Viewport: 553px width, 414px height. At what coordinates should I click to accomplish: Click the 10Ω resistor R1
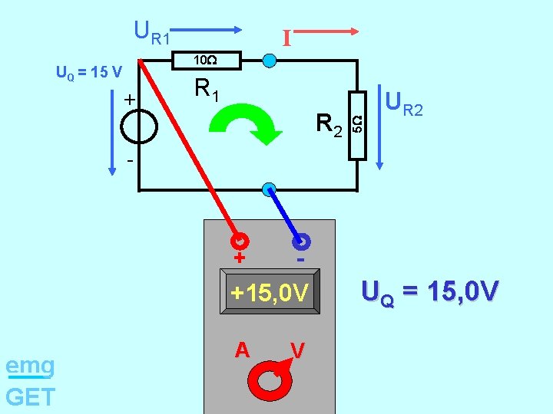pyautogui.click(x=205, y=61)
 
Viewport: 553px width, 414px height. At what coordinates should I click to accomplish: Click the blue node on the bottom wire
pyautogui.click(x=268, y=189)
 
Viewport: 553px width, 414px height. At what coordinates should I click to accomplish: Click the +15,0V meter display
pyautogui.click(x=270, y=293)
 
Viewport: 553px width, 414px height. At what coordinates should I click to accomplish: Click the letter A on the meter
pyautogui.click(x=243, y=350)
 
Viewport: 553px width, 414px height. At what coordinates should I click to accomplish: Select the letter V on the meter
pyautogui.click(x=298, y=350)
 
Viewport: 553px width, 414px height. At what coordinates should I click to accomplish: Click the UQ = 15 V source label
pyautogui.click(x=89, y=73)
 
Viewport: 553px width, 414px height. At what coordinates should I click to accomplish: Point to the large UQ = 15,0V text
pyautogui.click(x=430, y=292)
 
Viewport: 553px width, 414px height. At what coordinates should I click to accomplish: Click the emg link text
pyautogui.click(x=30, y=366)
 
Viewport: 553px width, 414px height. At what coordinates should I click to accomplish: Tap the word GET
pyautogui.click(x=30, y=396)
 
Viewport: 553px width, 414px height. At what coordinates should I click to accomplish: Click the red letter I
pyautogui.click(x=286, y=38)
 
